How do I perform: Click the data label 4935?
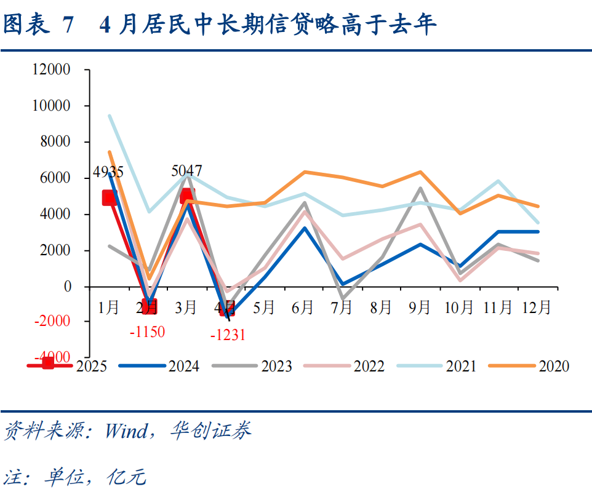coord(108,172)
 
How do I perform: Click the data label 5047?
coord(186,171)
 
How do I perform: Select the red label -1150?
coord(148,332)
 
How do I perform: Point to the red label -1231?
coord(228,335)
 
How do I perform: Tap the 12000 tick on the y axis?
coord(52,70)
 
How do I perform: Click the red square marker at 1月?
coord(110,197)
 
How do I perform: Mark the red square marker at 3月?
coord(187,196)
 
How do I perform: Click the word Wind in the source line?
coord(126,430)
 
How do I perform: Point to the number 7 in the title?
coord(68,25)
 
